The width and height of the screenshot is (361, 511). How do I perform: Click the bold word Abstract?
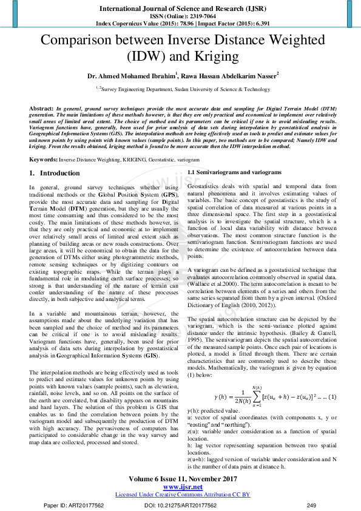point(41,107)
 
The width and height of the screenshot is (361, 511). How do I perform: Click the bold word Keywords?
point(43,159)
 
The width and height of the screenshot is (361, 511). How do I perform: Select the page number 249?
point(312,504)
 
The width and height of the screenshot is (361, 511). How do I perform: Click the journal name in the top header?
point(180,9)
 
